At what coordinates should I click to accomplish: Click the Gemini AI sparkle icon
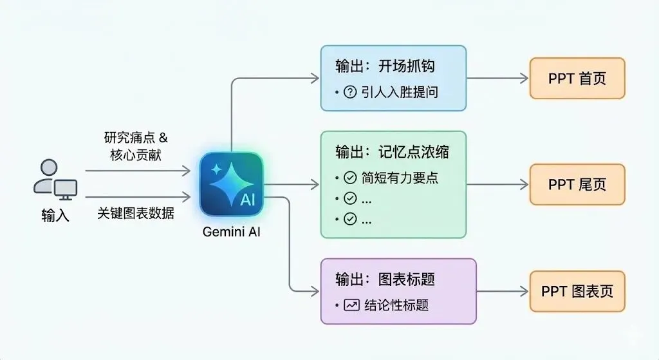click(x=232, y=184)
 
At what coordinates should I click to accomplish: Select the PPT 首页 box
click(x=577, y=79)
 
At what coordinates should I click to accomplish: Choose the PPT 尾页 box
click(x=577, y=184)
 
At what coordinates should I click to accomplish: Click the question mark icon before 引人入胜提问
click(x=350, y=92)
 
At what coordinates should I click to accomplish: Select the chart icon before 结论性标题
click(x=351, y=305)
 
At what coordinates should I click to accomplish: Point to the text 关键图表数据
click(x=136, y=213)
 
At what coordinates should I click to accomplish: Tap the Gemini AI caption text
click(x=231, y=232)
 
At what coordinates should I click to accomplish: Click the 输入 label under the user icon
click(x=55, y=215)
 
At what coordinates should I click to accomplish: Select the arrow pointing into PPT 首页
click(x=502, y=79)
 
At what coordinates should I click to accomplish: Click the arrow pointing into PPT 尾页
click(x=502, y=184)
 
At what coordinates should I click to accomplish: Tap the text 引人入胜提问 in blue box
click(x=400, y=92)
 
